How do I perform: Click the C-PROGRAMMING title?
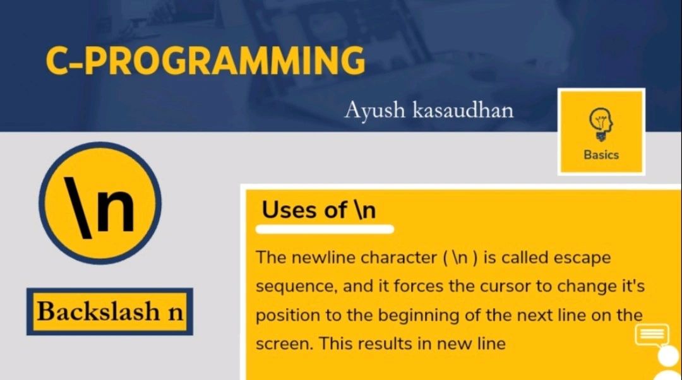(205, 61)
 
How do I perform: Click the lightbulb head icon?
(601, 124)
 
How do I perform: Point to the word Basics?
(601, 155)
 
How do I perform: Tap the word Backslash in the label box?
(99, 311)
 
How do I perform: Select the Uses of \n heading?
(319, 210)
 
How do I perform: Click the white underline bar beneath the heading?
(325, 229)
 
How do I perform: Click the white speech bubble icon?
(652, 335)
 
